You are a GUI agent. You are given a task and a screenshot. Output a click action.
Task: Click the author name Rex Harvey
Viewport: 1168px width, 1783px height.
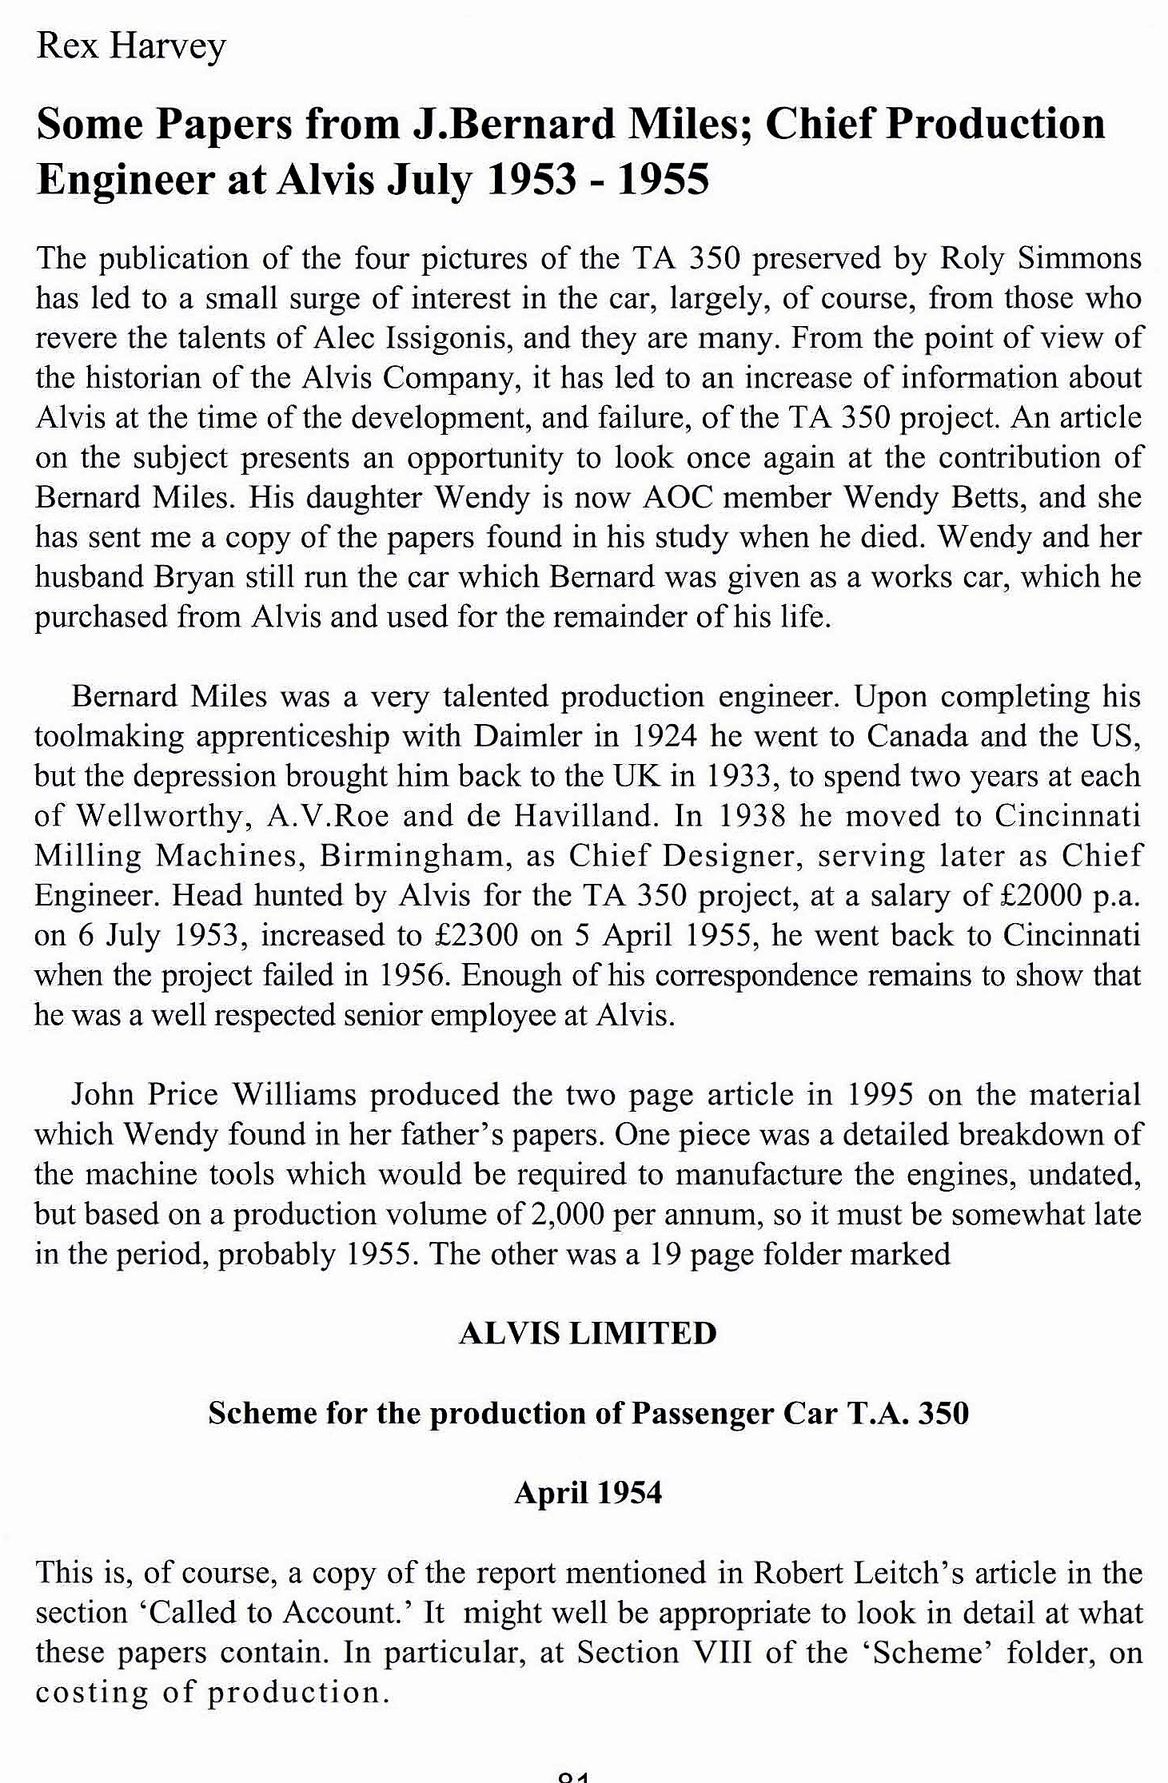tap(131, 46)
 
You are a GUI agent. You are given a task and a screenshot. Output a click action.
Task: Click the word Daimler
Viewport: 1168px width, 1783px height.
tap(528, 736)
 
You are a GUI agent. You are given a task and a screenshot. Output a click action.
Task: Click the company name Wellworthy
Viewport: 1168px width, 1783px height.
tap(159, 816)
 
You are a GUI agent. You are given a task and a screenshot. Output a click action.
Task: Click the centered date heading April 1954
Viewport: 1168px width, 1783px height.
tap(588, 1493)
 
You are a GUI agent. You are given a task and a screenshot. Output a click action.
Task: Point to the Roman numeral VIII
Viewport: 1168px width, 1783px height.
tap(725, 1652)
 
